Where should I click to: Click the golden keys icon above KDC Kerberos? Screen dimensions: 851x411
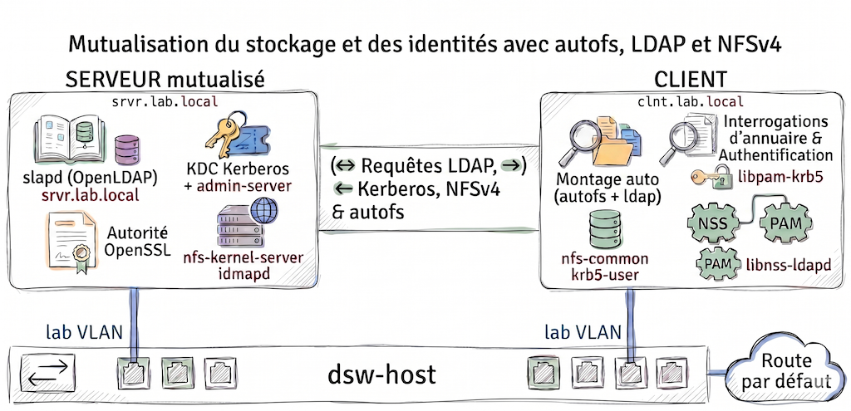point(236,135)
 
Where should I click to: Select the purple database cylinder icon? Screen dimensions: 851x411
point(127,150)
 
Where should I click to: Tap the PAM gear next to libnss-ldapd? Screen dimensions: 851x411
point(719,264)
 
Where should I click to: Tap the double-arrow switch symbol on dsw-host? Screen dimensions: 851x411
point(47,373)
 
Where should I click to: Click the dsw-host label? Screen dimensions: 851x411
point(381,374)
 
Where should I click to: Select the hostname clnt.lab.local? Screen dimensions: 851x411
point(691,102)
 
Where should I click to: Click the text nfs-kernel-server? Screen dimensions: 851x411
point(244,258)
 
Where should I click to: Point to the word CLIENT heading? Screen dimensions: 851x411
point(691,80)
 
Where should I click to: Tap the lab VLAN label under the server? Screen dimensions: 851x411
point(84,332)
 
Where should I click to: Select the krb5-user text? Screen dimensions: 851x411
point(605,274)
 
